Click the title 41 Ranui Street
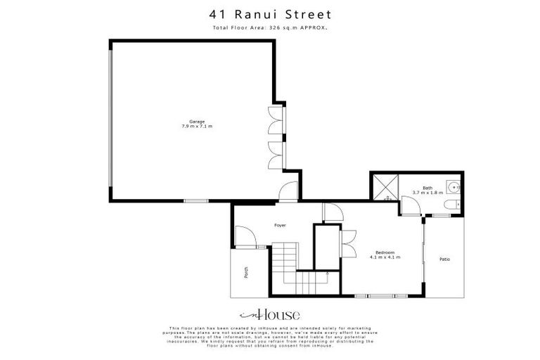pyautogui.click(x=270, y=13)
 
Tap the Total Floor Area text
pyautogui.click(x=270, y=27)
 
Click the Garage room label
pyautogui.click(x=196, y=121)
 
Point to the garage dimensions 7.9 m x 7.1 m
pyautogui.click(x=196, y=126)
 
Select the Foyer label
pyautogui.click(x=280, y=225)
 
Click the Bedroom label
pyautogui.click(x=385, y=252)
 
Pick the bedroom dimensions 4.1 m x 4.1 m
pyautogui.click(x=385, y=257)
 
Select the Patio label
pyautogui.click(x=444, y=259)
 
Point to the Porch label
pyautogui.click(x=245, y=272)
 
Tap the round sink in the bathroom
pyautogui.click(x=454, y=187)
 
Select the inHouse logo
pyautogui.click(x=270, y=315)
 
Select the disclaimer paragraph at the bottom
pyautogui.click(x=270, y=336)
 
